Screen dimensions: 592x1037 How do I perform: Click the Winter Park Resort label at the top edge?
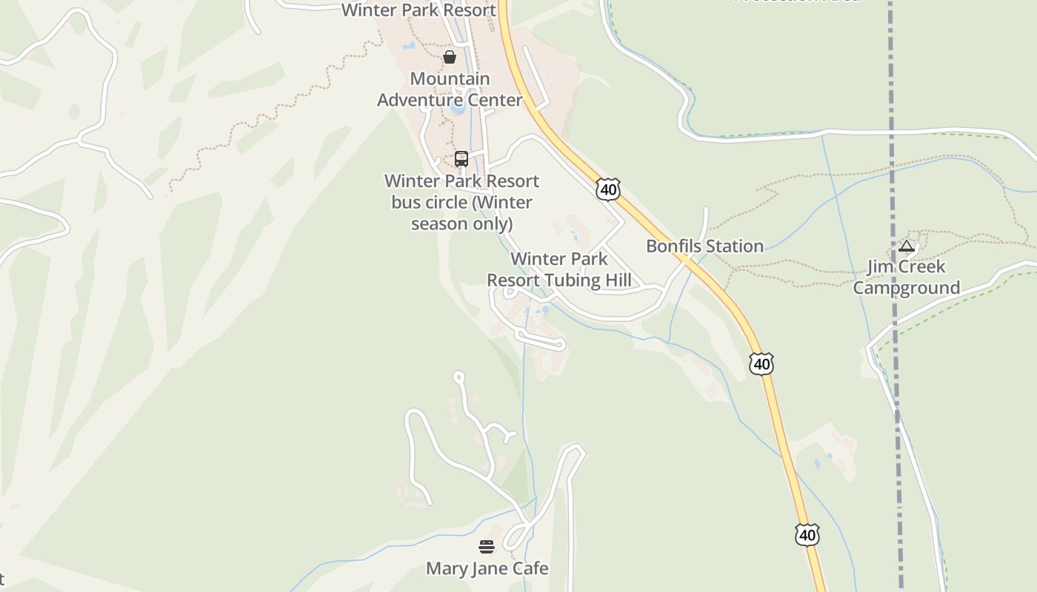pos(419,10)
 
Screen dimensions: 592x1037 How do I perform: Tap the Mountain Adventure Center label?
pos(450,89)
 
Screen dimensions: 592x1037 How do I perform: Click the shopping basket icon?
pos(450,57)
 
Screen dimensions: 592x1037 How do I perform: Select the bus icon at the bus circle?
pos(461,159)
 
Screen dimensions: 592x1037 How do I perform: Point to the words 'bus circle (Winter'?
pos(461,202)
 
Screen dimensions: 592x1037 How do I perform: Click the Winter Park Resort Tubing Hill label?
pos(559,269)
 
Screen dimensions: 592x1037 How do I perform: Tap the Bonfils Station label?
pos(704,246)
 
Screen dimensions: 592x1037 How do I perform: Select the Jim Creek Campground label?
pos(906,277)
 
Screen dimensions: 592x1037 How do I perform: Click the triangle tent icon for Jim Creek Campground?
pos(906,246)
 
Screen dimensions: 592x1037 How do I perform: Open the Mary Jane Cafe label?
pos(487,568)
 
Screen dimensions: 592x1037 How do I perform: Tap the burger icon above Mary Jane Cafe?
pos(487,547)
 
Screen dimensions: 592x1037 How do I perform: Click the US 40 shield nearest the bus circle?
pos(607,189)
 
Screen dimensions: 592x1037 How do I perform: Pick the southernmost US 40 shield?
pos(807,534)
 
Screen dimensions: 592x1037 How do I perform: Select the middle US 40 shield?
pos(761,363)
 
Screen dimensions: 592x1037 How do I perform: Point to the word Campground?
pos(906,288)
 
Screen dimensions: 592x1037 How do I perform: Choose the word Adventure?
pos(450,100)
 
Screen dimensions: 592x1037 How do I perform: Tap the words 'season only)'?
pos(461,223)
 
